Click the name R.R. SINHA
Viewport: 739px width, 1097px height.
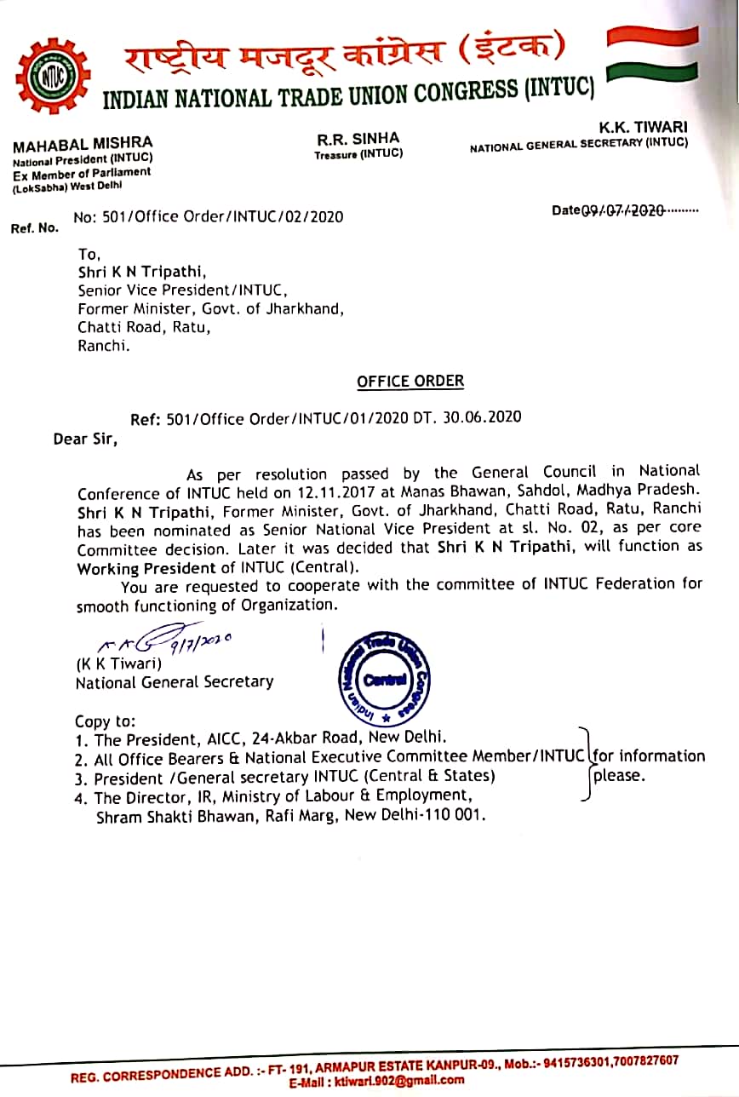[358, 138]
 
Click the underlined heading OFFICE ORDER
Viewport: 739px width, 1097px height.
[410, 381]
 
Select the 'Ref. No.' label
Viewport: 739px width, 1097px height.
[35, 228]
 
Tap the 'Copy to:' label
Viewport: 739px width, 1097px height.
[105, 721]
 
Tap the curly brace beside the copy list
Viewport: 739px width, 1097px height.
[585, 763]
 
